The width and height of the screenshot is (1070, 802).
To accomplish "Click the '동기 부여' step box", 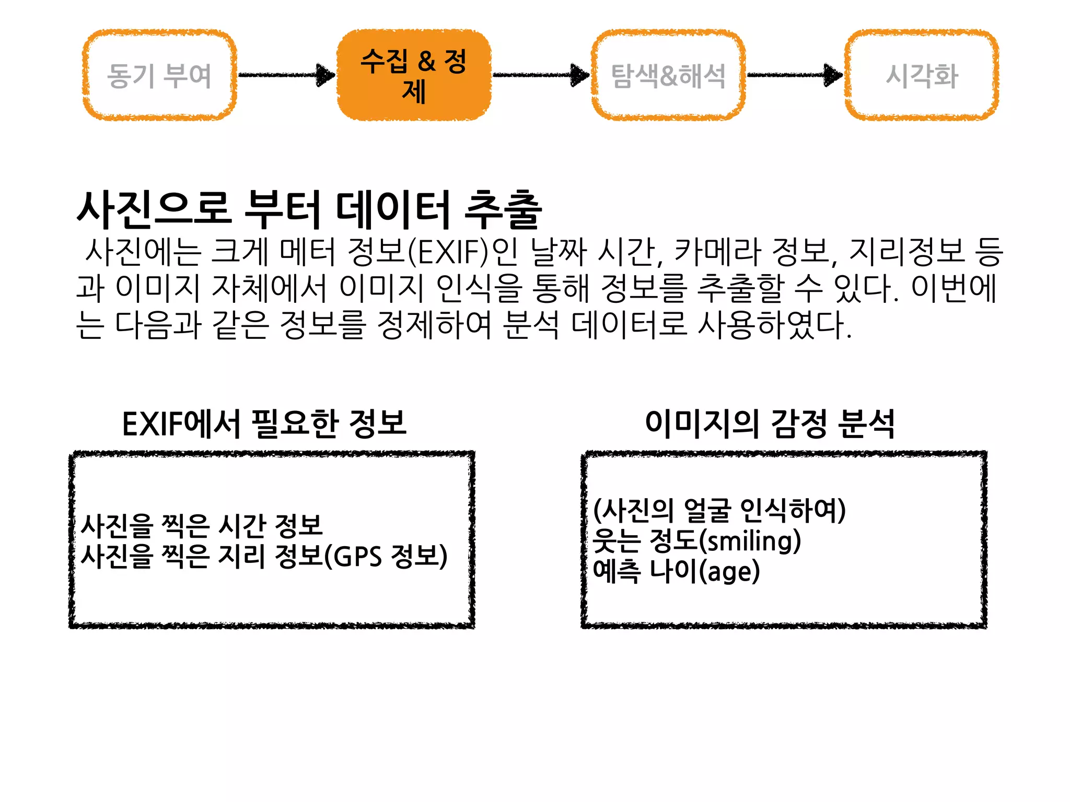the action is click(159, 75).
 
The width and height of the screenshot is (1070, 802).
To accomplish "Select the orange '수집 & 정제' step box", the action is click(414, 75).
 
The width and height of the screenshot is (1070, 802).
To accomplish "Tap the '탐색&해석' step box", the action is click(668, 75).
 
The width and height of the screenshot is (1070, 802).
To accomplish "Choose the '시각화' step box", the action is click(922, 75).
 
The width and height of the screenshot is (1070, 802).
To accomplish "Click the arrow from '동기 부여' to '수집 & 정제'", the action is click(286, 75).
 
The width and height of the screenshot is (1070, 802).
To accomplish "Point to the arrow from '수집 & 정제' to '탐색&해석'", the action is click(541, 75).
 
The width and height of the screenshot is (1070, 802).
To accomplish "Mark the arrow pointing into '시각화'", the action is click(795, 75).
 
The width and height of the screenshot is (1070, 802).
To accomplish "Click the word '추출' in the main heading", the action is click(503, 210).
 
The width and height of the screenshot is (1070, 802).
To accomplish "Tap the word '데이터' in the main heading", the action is click(392, 210).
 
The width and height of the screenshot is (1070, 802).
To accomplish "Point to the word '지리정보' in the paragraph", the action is click(906, 252).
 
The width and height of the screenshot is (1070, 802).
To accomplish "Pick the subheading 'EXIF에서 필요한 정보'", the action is click(264, 423).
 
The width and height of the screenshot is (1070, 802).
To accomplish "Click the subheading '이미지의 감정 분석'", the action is click(770, 423).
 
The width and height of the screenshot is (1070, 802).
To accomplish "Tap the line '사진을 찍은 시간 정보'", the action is click(202, 526).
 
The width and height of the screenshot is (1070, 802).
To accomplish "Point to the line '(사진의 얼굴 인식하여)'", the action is click(719, 510).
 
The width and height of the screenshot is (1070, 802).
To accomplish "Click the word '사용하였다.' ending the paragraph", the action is click(775, 325).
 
